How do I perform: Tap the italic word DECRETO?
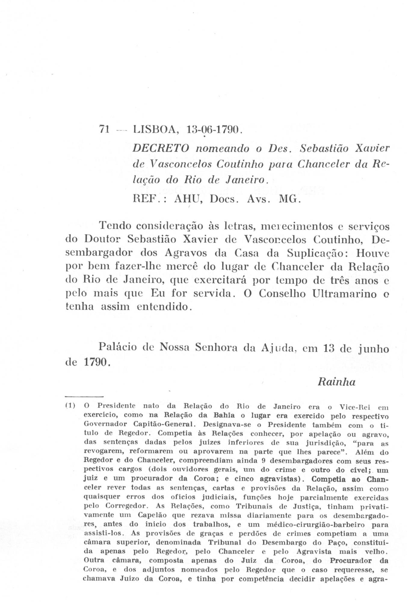[x=161, y=148]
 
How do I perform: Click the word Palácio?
[x=120, y=348]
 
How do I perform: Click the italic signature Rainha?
[x=336, y=382]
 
